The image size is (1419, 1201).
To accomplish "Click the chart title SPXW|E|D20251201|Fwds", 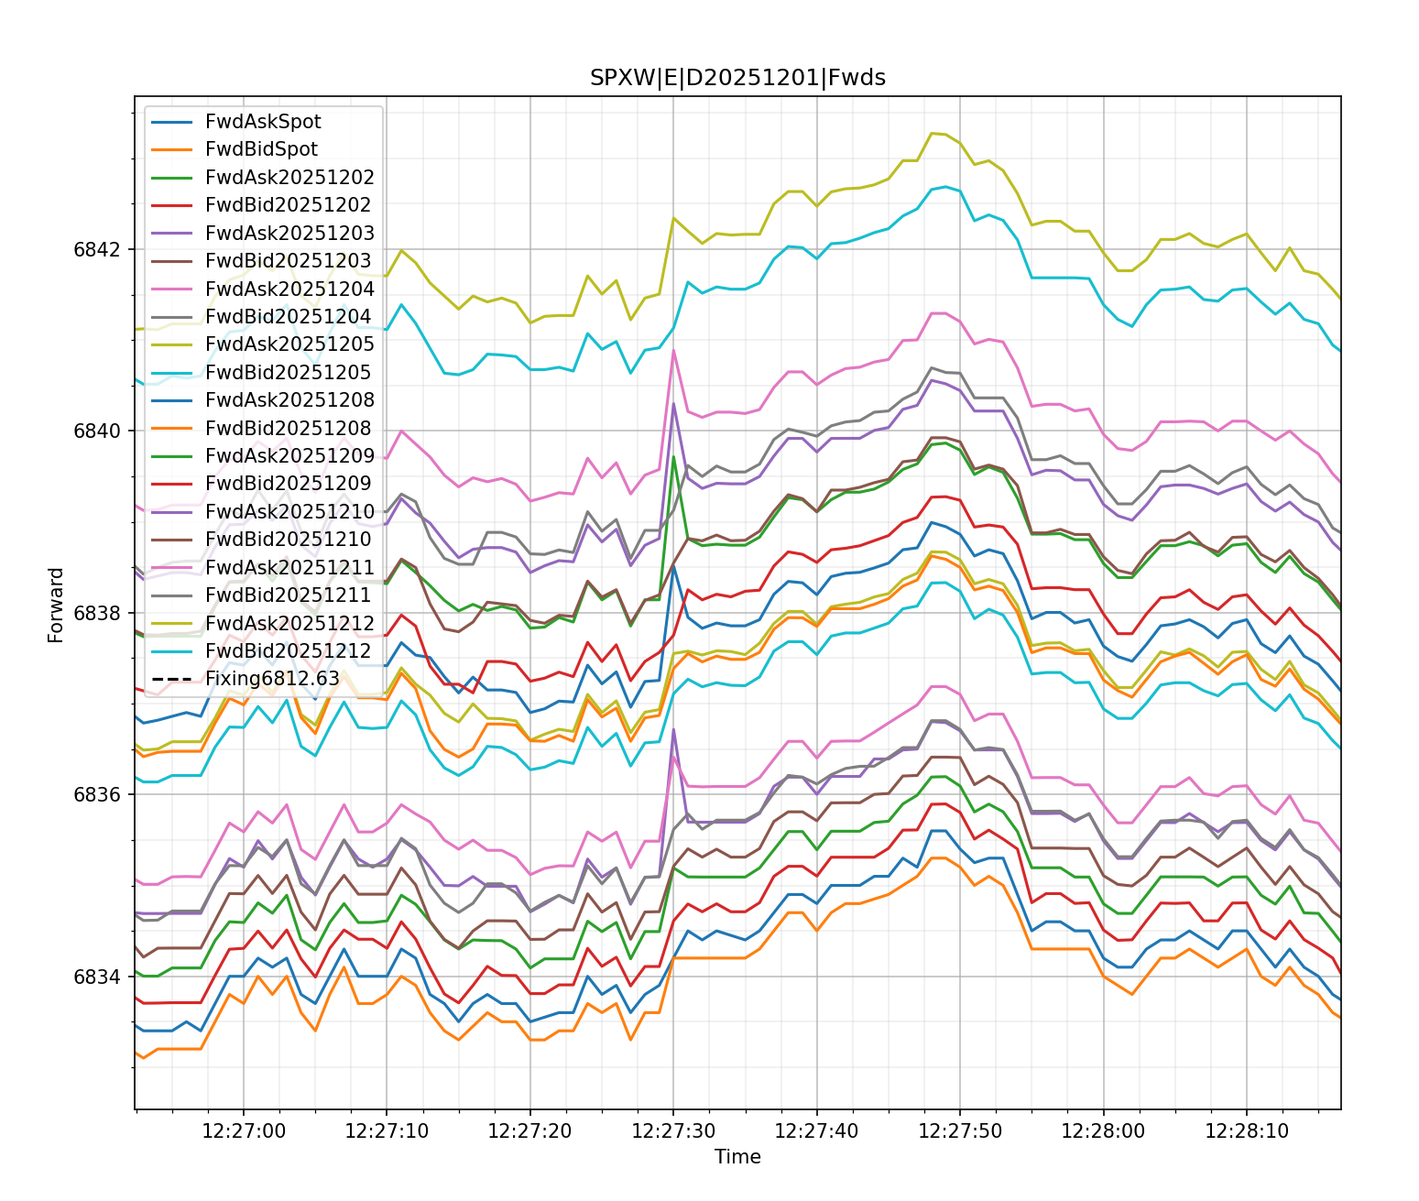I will coord(737,78).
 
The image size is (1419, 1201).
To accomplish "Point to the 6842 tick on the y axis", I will coord(96,249).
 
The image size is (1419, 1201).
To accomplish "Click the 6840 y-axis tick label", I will coord(96,431).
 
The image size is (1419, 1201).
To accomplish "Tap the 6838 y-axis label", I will coord(96,613).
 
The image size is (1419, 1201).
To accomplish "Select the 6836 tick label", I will coord(96,794).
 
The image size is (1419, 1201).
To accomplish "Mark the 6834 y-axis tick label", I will coord(96,977).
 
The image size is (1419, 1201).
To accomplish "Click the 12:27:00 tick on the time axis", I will coord(244,1131).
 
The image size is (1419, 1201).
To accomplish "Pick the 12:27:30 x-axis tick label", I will coord(673,1131).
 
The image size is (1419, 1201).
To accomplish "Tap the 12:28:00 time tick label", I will coord(1103,1131).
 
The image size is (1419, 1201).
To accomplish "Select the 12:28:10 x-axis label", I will coord(1247,1131).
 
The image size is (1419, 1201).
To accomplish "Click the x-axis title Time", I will coord(737,1157).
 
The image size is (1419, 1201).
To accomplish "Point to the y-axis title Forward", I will coord(57,605).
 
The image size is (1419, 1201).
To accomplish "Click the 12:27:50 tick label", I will coord(960,1131).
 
